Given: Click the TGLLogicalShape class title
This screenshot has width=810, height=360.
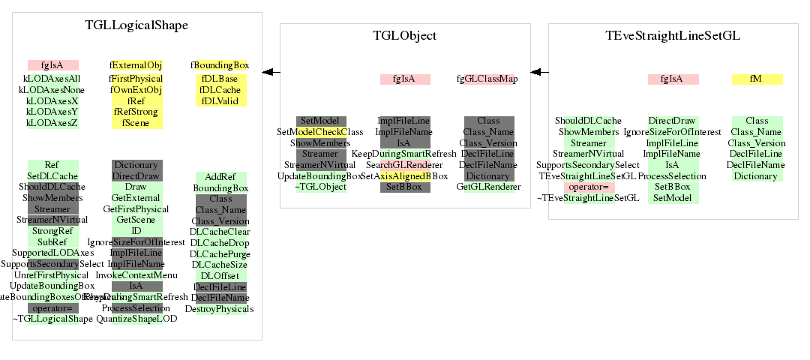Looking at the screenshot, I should click(x=136, y=25).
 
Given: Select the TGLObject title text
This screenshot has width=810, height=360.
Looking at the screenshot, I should click(x=405, y=36).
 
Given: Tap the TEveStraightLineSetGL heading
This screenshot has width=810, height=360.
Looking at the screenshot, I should click(x=673, y=36).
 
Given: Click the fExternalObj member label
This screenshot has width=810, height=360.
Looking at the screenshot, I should click(x=136, y=65).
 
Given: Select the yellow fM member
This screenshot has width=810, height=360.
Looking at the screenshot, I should click(x=757, y=79).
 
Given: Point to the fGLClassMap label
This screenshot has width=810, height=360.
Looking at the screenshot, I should click(x=487, y=79).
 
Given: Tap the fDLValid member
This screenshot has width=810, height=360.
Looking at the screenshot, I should click(x=219, y=100).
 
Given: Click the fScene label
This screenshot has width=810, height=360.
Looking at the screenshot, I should click(x=136, y=122).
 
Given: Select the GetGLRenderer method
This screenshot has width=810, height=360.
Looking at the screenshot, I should click(x=487, y=186).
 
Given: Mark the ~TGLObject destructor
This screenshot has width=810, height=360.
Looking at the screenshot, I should click(x=321, y=186).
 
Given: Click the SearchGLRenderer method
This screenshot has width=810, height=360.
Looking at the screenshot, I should click(x=405, y=165).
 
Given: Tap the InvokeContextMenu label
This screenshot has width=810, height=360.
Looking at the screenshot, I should click(x=136, y=275).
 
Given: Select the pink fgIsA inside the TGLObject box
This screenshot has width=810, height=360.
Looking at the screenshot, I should click(x=405, y=79).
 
